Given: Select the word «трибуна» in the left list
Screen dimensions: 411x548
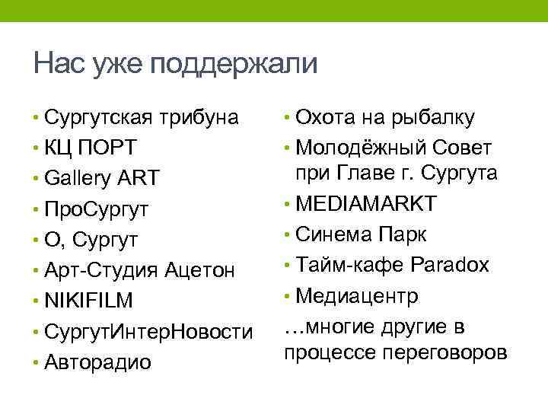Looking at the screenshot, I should point(200,118).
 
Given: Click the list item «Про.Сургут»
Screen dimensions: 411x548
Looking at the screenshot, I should point(97,209).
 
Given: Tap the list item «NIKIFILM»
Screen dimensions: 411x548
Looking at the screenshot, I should point(89,301).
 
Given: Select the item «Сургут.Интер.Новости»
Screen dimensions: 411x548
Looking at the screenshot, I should point(148,332).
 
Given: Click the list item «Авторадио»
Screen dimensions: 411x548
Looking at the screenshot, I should point(98,362).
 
